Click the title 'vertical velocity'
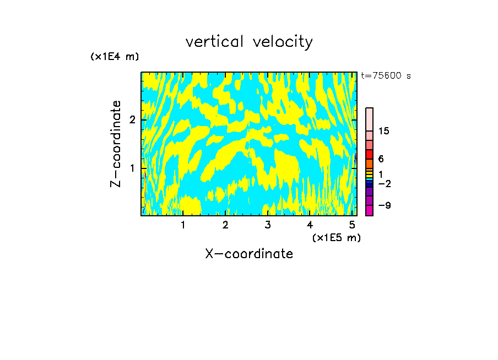249,42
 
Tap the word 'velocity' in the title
283,42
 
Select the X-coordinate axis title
249,254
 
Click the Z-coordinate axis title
116,144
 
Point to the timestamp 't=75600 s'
386,76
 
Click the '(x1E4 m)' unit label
115,57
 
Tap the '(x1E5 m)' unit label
336,237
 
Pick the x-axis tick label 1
183,225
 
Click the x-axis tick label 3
268,225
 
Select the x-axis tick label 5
352,225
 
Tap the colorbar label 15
384,131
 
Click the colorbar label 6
381,159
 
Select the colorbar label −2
384,184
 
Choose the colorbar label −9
384,205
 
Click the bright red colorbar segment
369,154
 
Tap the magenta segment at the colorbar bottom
369,210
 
